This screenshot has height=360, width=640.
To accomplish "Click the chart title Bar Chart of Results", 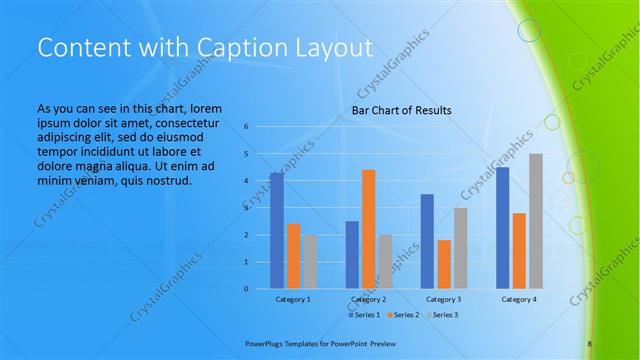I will (401, 110).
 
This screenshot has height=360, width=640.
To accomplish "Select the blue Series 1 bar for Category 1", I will (276, 231).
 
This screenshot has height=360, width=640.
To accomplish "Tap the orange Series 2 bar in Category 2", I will (368, 229).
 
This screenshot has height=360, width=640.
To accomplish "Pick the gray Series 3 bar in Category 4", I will (536, 221).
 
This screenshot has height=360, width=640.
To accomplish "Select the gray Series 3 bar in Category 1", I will (310, 262).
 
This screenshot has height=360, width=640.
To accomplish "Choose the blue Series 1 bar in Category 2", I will (352, 255).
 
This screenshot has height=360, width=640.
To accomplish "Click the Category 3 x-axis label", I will (443, 299).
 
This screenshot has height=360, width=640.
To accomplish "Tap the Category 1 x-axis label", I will (293, 299).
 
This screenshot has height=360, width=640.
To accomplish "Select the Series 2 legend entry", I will (403, 315).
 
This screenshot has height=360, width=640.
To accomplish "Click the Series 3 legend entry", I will (443, 315).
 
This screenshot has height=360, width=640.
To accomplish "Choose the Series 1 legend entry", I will (363, 315).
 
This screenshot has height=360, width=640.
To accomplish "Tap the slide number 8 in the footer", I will (589, 343).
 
